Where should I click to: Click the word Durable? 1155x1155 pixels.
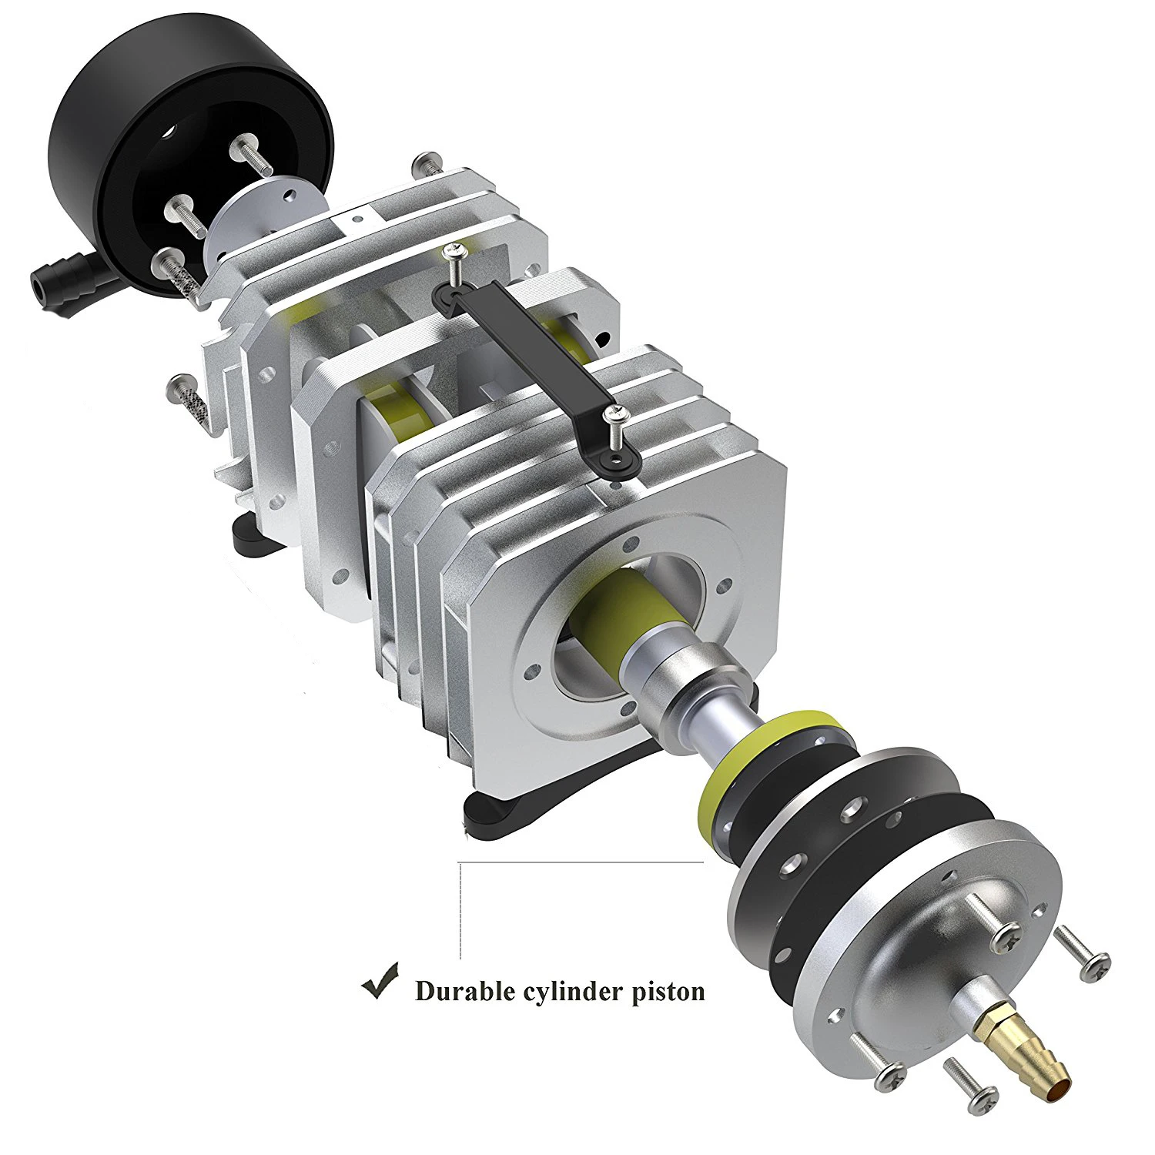pos(465,990)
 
